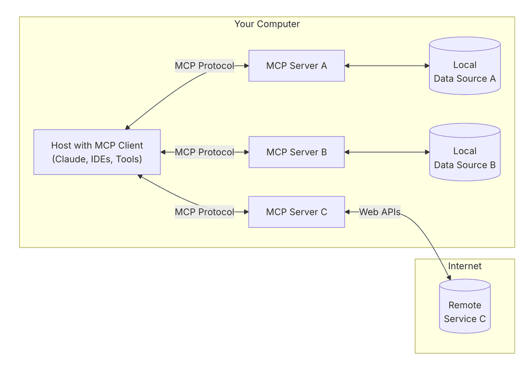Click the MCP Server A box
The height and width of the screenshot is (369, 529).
296,66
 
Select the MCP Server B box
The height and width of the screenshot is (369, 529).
296,152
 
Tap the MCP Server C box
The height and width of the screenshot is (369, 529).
296,212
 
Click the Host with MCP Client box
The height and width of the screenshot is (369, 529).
97,152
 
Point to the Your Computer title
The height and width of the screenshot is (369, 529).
267,24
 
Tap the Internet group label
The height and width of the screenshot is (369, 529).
465,266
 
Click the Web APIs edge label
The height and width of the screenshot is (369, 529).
380,212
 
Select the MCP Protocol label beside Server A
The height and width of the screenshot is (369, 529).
204,66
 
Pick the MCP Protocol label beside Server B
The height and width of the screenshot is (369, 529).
204,152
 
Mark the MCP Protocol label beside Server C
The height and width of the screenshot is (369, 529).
204,212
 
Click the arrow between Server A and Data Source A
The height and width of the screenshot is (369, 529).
387,66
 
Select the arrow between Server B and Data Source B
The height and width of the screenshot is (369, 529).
387,152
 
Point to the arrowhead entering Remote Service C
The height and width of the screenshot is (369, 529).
449,278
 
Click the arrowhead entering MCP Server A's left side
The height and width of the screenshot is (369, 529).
246,66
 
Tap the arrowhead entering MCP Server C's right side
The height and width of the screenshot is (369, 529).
348,212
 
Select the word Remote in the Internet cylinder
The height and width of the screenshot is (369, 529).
465,305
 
